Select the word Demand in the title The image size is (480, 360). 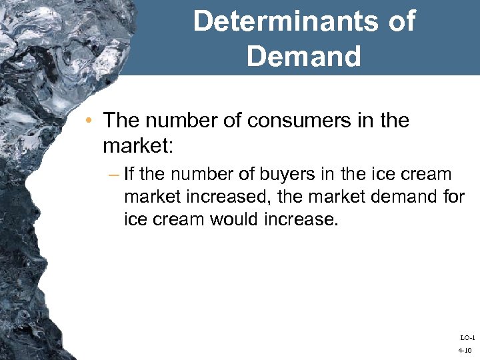(x=303, y=56)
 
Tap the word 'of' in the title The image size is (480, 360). (x=400, y=21)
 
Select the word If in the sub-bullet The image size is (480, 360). (x=129, y=175)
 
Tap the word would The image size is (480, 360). (x=235, y=219)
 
